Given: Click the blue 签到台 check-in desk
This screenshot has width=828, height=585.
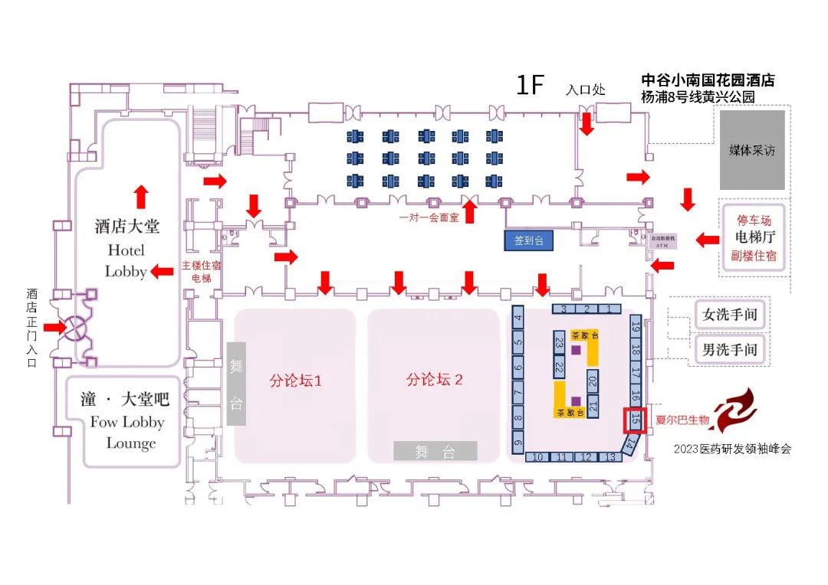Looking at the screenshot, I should [528, 240].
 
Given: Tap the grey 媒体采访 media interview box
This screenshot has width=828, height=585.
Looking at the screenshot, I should [751, 150].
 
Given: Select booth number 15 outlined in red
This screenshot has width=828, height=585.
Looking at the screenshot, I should [635, 420].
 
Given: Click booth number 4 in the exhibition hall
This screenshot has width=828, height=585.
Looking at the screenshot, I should [518, 319].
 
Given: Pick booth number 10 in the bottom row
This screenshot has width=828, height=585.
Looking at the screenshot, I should [537, 457].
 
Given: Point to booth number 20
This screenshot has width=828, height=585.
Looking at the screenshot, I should [592, 380].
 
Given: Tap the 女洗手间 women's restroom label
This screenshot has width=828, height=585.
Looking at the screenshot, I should [731, 315].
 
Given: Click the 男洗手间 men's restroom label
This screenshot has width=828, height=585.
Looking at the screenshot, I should [731, 350].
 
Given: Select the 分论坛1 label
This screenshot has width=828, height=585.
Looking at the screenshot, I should [294, 380].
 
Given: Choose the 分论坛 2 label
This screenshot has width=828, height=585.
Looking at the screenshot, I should [435, 379].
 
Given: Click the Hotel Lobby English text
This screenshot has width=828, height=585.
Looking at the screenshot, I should [126, 260].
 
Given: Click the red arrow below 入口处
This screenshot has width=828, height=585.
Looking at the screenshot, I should [586, 123].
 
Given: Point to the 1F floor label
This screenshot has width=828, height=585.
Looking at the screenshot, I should [529, 85].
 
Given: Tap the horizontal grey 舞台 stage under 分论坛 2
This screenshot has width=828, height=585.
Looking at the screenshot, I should [435, 451].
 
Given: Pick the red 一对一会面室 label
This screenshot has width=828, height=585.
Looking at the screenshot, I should [429, 217].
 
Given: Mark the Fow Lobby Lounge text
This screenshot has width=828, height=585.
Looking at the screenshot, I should [127, 432].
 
